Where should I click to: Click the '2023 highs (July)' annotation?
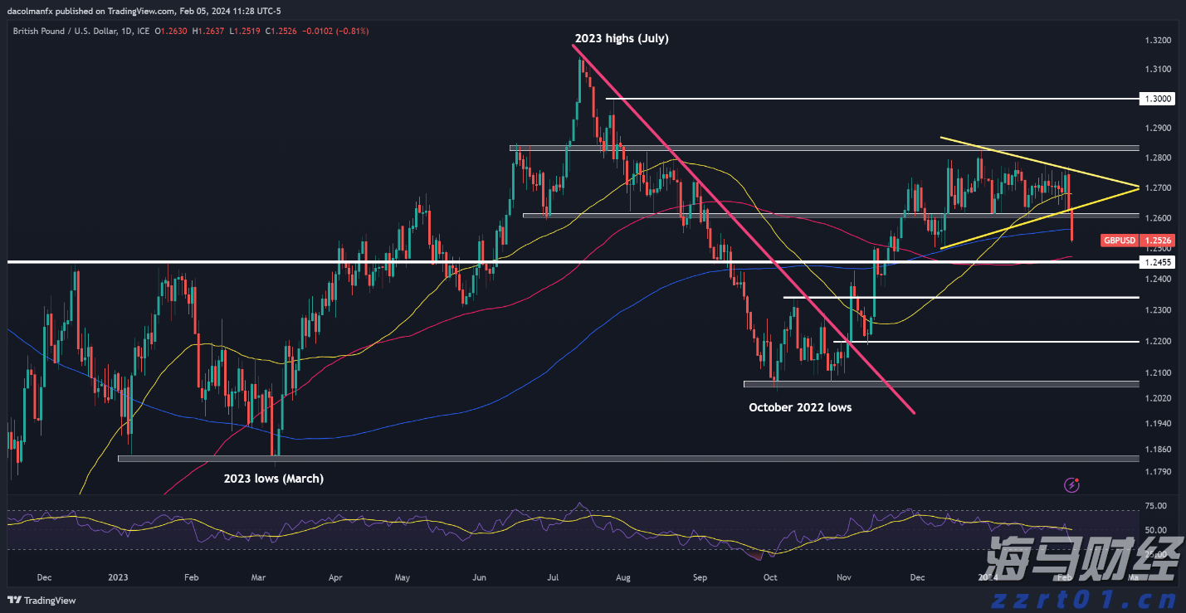(x=621, y=38)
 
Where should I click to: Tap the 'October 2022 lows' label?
(x=799, y=407)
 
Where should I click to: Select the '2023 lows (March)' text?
(x=273, y=479)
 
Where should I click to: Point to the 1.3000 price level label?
(x=1157, y=99)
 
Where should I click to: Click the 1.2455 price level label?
(x=1157, y=262)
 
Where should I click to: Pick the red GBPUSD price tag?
(x=1118, y=241)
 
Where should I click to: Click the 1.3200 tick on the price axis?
(x=1157, y=41)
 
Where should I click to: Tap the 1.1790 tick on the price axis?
(x=1157, y=472)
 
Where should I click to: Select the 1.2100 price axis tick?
(x=1157, y=372)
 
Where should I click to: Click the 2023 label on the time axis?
(x=118, y=577)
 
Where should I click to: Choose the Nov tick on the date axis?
(x=844, y=577)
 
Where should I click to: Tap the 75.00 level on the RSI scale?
(x=1156, y=506)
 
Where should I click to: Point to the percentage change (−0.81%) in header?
(x=351, y=31)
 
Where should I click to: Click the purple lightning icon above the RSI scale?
(x=1071, y=484)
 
